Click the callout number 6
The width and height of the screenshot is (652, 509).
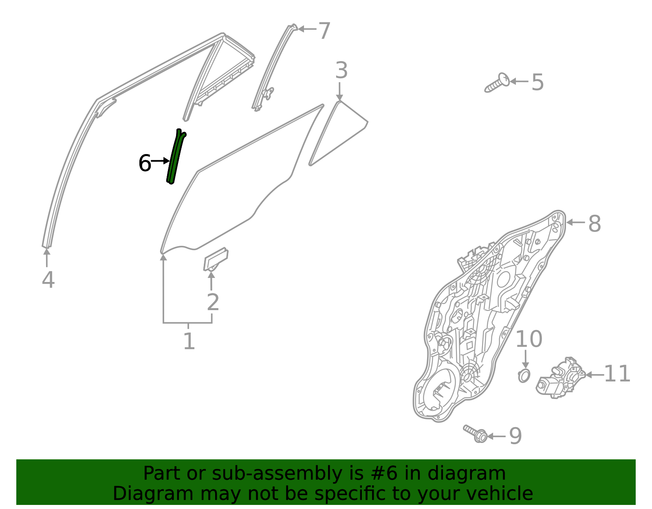pos(145,163)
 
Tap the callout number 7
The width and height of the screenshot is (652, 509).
pos(324,31)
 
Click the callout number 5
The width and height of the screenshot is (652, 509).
pos(538,82)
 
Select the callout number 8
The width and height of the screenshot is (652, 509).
pos(595,224)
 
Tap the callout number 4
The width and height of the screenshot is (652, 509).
pos(48,280)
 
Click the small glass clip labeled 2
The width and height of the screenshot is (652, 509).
pos(215,260)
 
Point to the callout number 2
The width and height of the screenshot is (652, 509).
pos(213,302)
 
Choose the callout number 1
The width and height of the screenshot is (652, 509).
pos(189,341)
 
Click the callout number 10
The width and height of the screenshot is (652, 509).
pos(529,339)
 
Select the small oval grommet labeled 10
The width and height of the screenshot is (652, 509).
pos(524,375)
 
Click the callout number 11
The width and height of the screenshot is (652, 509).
pos(617,374)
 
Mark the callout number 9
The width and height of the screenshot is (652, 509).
pos(515,436)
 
